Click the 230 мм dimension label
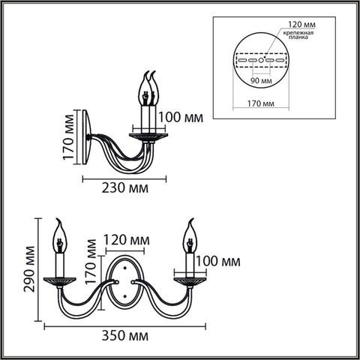coord(124,190)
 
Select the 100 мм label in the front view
coord(218,261)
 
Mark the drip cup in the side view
coord(148,136)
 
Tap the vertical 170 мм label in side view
coord(70,139)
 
